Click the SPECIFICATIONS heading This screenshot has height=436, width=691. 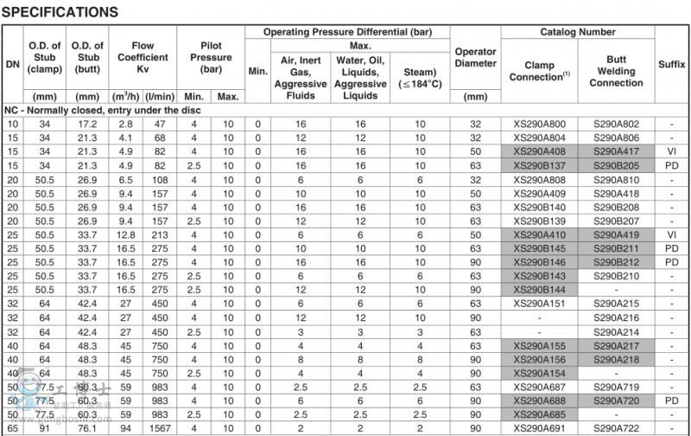click(x=61, y=12)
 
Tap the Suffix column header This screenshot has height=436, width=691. click(x=672, y=64)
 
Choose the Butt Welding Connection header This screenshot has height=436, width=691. click(x=616, y=71)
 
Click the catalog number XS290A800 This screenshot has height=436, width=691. click(x=539, y=125)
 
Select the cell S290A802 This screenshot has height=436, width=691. click(x=616, y=125)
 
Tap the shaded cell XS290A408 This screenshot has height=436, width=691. click(x=539, y=151)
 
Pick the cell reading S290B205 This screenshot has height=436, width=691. click(x=616, y=164)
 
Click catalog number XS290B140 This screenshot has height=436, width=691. click(x=539, y=208)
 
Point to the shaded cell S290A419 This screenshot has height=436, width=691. click(x=616, y=234)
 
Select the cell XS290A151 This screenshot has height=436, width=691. click(x=539, y=304)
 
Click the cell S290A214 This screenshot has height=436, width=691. click(x=616, y=331)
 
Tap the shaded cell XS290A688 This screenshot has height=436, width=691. click(x=539, y=401)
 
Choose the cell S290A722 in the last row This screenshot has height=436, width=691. click(x=616, y=428)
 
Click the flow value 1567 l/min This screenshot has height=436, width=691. click(x=159, y=428)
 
